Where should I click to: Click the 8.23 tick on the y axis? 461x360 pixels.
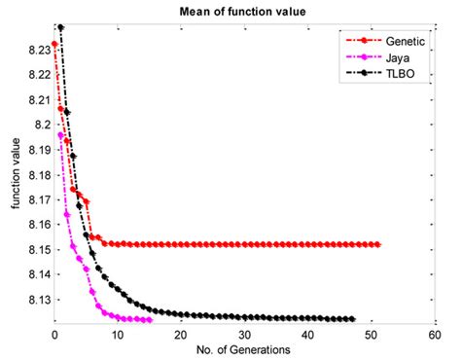point(36,49)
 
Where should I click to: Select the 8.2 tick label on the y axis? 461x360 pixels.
point(40,125)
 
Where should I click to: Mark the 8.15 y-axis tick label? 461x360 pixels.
point(36,250)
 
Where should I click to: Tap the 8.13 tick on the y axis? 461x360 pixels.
point(36,301)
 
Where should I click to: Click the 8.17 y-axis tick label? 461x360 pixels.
point(36,199)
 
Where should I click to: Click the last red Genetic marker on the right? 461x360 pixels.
point(377,244)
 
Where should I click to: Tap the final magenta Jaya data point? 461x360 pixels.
point(150,319)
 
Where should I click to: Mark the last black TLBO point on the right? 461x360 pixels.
point(352,319)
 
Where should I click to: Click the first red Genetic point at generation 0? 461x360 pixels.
point(54,44)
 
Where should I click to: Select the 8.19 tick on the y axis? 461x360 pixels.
point(36,150)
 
